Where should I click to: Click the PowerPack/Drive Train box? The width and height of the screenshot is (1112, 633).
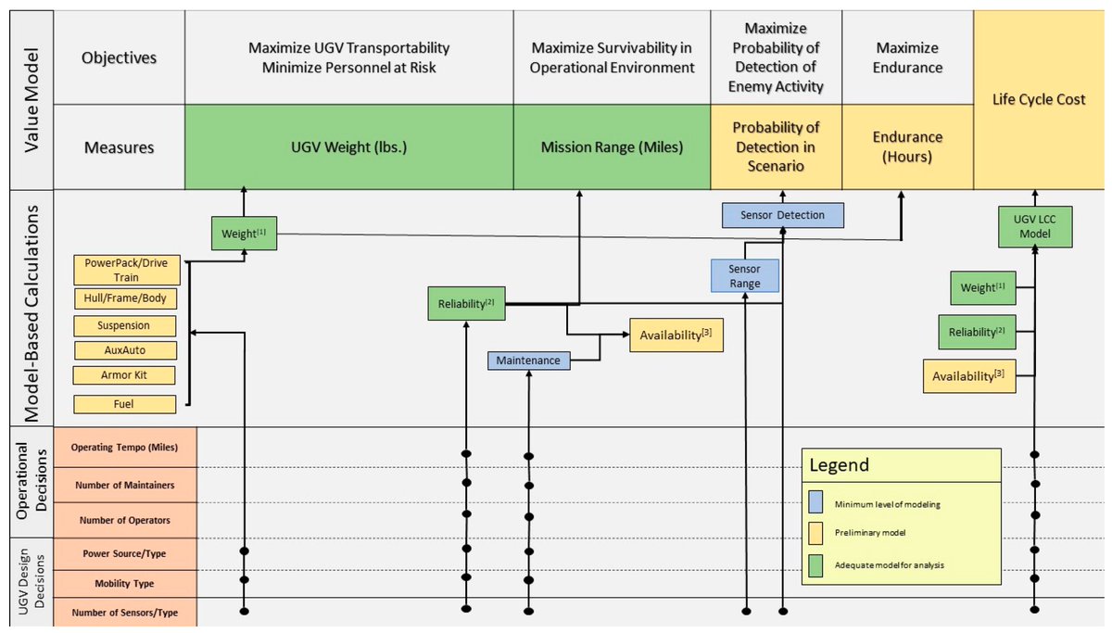pyautogui.click(x=124, y=270)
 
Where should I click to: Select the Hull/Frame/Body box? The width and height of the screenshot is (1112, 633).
pyautogui.click(x=124, y=298)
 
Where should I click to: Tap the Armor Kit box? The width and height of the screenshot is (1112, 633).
pyautogui.click(x=124, y=375)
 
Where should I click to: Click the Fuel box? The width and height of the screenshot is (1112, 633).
pyautogui.click(x=124, y=404)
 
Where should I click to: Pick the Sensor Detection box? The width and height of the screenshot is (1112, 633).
pyautogui.click(x=783, y=215)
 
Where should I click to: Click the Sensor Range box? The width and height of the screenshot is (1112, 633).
pyautogui.click(x=745, y=275)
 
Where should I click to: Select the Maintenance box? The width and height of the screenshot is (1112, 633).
pyautogui.click(x=528, y=360)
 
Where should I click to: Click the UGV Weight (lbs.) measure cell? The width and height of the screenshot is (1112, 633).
pyautogui.click(x=348, y=146)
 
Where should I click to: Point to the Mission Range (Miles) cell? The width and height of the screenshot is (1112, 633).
pyautogui.click(x=612, y=146)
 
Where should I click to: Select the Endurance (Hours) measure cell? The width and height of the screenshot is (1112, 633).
pyautogui.click(x=907, y=146)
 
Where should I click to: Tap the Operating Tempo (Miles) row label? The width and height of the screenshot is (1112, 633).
pyautogui.click(x=124, y=448)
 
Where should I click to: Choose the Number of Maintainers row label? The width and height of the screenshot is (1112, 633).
pyautogui.click(x=124, y=484)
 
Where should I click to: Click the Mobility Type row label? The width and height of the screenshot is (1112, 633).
pyautogui.click(x=124, y=584)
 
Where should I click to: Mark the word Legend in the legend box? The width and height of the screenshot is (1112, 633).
pyautogui.click(x=840, y=464)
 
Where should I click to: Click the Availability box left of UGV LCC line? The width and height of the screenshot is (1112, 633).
pyautogui.click(x=968, y=375)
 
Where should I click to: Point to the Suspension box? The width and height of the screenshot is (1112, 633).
pyautogui.click(x=124, y=326)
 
